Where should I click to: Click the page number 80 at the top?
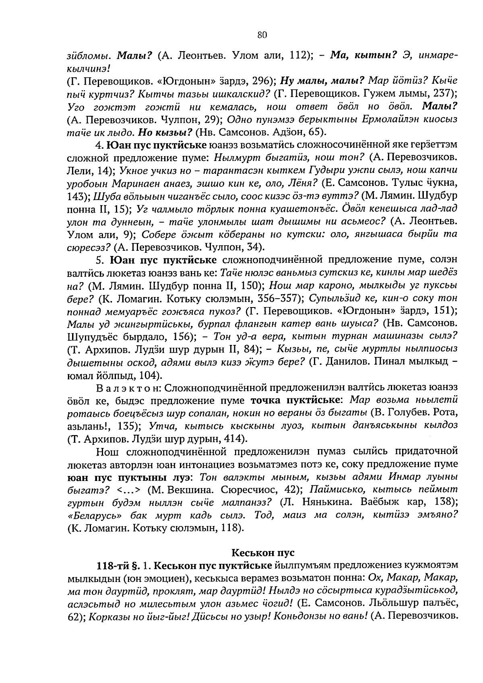coord(262,35)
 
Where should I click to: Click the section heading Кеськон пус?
coord(263,552)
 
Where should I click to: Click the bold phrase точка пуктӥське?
coord(297,400)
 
